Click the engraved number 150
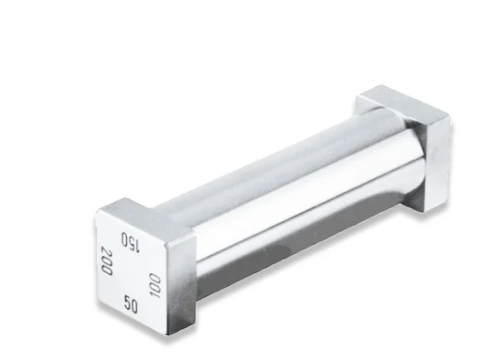pos(130,242)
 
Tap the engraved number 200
pos(107,260)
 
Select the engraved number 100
pos(155,285)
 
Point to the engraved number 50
pos(130,304)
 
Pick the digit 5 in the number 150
pos(131,242)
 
